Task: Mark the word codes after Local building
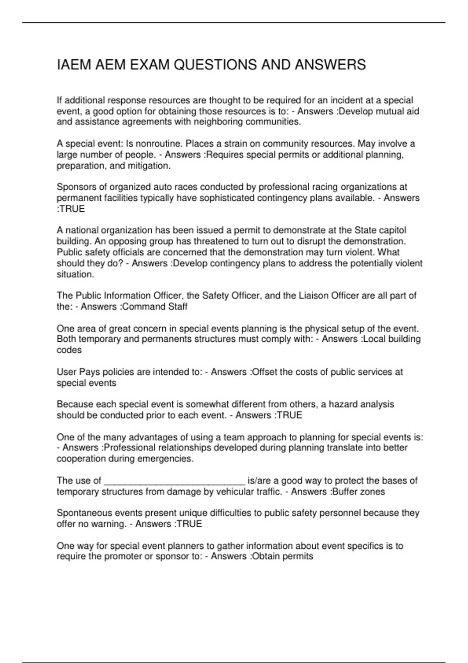(x=69, y=350)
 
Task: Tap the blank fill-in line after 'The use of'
(x=174, y=480)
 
